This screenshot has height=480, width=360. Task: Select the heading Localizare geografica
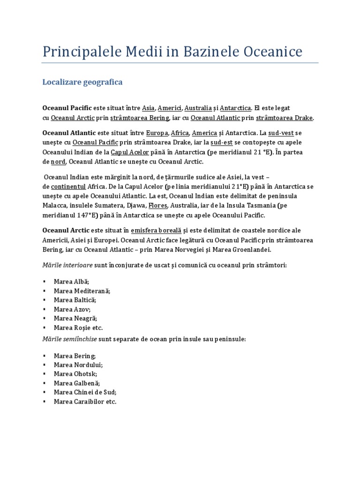(82, 82)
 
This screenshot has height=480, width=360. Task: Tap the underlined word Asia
(149, 108)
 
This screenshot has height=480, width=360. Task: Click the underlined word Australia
(198, 108)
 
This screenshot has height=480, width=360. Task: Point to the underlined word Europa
(157, 133)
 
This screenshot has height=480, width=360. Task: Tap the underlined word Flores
(157, 205)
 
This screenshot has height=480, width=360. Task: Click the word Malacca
(54, 205)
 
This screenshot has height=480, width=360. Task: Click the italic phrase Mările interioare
(67, 265)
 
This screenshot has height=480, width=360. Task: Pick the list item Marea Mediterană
(82, 291)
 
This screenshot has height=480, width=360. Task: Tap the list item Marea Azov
(72, 309)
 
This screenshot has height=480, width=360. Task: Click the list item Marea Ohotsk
(75, 374)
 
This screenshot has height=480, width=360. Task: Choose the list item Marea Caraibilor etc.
(85, 402)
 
